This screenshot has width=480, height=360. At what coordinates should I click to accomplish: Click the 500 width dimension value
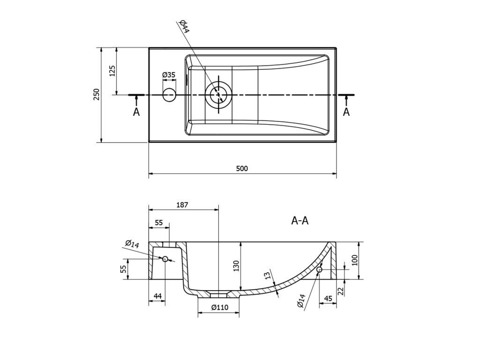pyautogui.click(x=242, y=169)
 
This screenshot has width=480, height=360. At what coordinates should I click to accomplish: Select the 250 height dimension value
pyautogui.click(x=96, y=95)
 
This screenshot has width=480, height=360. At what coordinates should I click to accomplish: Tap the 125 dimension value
pyautogui.click(x=112, y=71)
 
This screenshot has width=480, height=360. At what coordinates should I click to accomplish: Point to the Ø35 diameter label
pyautogui.click(x=169, y=75)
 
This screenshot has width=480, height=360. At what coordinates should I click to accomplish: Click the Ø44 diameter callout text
pyautogui.click(x=184, y=26)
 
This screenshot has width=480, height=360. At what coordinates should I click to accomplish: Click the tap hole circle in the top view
pyautogui.click(x=169, y=95)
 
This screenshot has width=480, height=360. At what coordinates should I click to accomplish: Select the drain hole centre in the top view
pyautogui.click(x=218, y=95)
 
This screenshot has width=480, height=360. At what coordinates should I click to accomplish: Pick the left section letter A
pyautogui.click(x=136, y=112)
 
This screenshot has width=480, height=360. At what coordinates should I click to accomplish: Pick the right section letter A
pyautogui.click(x=346, y=112)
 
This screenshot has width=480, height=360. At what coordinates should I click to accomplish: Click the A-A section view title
pyautogui.click(x=300, y=221)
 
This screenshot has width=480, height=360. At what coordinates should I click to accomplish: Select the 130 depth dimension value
pyautogui.click(x=236, y=266)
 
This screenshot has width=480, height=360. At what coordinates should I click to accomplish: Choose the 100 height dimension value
pyautogui.click(x=355, y=261)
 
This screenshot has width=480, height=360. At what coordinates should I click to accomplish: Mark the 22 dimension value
pyautogui.click(x=341, y=291)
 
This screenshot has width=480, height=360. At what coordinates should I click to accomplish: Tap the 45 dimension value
pyautogui.click(x=328, y=299)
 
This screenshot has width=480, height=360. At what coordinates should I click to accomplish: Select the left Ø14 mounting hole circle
pyautogui.click(x=165, y=258)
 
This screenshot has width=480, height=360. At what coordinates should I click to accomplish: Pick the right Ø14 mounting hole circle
pyautogui.click(x=320, y=269)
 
